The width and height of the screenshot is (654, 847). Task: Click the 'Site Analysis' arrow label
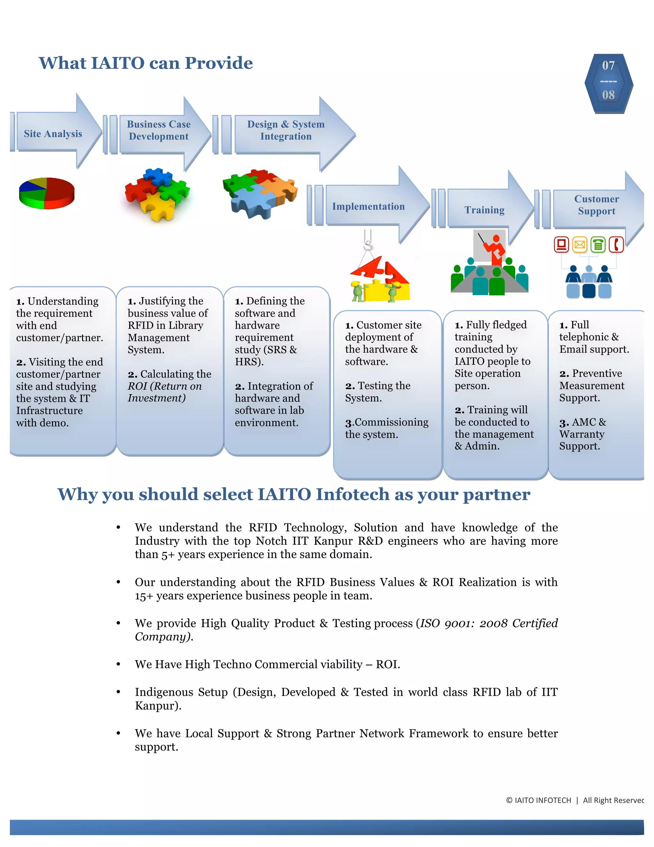coord(53,134)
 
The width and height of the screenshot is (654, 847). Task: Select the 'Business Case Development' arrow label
coord(159,130)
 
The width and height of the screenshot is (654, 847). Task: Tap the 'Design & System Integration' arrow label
coord(286,130)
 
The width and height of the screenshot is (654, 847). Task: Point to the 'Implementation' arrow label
coord(368,206)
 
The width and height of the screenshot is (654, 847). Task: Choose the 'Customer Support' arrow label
coord(596,205)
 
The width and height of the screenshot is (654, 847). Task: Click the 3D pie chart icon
coord(47,193)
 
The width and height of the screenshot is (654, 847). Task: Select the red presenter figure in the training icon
coord(495,250)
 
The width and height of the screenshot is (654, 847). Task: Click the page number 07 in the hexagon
coord(608,66)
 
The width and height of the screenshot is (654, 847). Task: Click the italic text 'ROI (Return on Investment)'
coord(165,392)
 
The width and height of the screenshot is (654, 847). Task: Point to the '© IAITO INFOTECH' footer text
coord(538,800)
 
